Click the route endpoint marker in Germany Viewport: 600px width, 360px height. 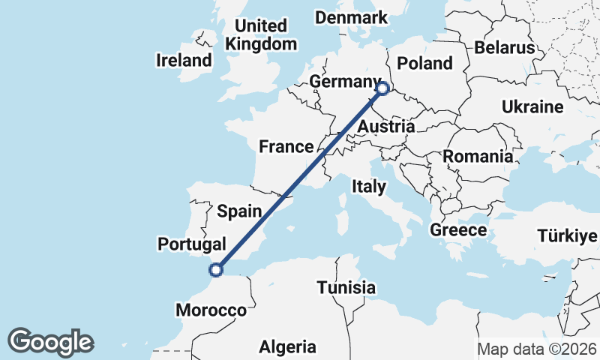tap(382, 89)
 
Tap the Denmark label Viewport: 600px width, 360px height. tap(351, 18)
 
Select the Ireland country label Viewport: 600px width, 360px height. tap(184, 60)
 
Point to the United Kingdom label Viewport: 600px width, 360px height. tap(261, 35)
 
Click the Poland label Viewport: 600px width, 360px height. tap(425, 63)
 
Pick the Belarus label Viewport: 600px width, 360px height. tap(504, 48)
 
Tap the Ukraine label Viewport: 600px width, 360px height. tap(532, 106)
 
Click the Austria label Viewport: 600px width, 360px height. tap(385, 127)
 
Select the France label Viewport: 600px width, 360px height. tap(286, 146)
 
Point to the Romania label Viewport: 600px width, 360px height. tap(478, 157)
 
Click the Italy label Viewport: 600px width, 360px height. tap(369, 185)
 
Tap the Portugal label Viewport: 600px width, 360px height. tap(192, 244)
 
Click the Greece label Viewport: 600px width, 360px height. tap(458, 229)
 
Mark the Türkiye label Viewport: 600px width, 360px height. tap(568, 237)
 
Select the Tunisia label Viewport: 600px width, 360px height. tap(346, 287)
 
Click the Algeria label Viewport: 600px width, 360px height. tap(287, 346)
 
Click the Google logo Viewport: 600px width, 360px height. tap(51, 342)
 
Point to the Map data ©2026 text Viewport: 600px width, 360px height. tap(537, 349)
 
